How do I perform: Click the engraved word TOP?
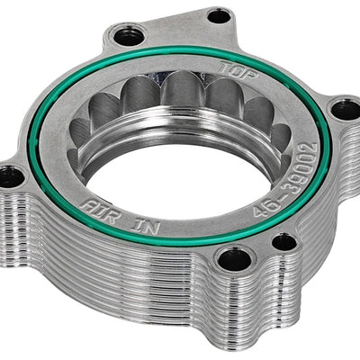pos(238,70)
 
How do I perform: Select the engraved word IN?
pos(145,226)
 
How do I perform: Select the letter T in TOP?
pos(226,67)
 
